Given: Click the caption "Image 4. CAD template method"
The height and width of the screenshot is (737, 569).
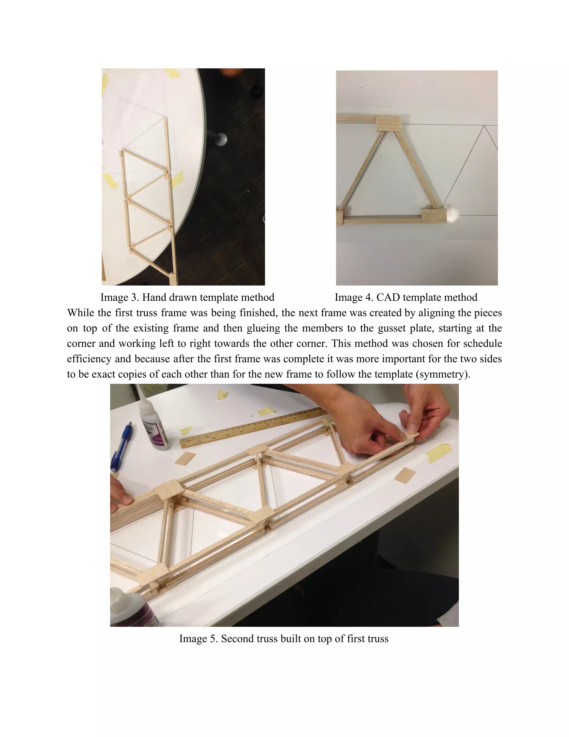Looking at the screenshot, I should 406,297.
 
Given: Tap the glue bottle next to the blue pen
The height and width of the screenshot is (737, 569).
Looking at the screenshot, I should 153,425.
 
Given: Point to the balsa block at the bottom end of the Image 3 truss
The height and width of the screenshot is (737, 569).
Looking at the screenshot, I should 172,279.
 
